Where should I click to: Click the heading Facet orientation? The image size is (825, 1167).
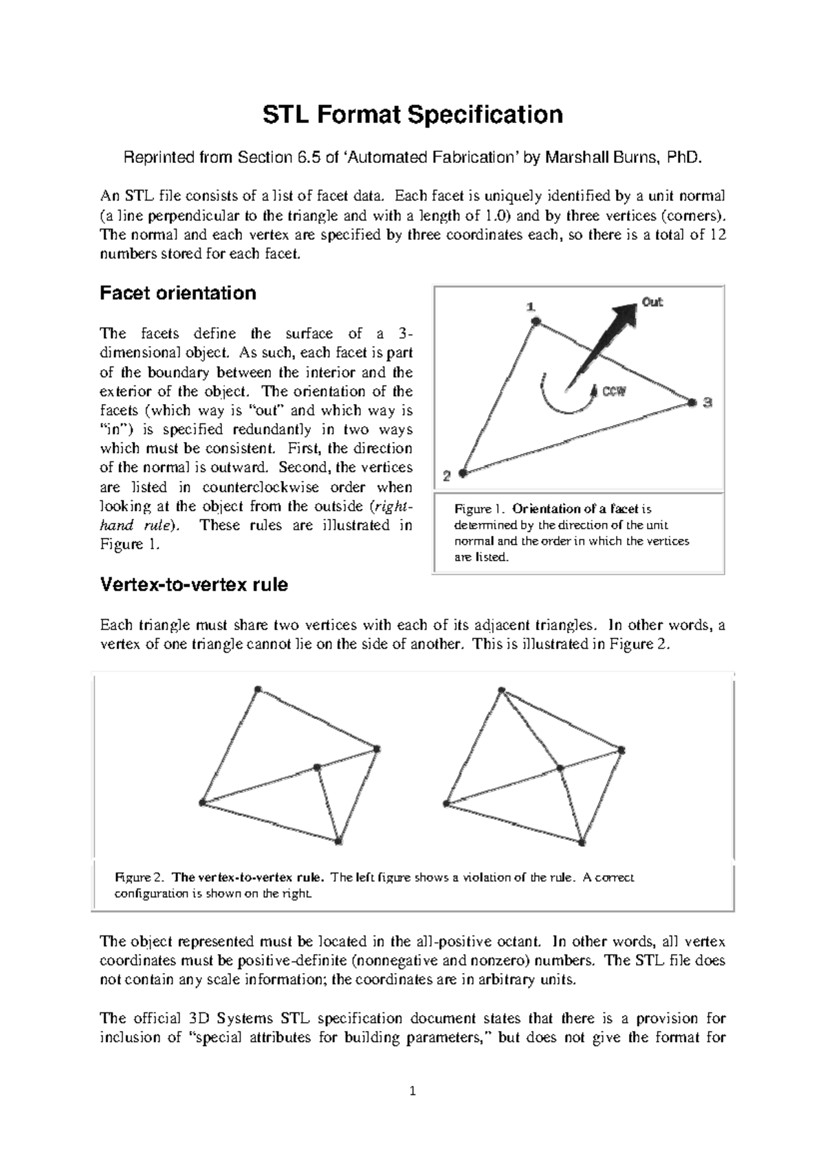pos(178,293)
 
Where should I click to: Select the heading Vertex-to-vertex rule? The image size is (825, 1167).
pos(194,585)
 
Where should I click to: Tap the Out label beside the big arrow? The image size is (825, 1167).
pos(652,302)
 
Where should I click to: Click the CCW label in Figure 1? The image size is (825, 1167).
pos(615,392)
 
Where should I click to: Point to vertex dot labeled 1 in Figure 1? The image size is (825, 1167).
pos(536,321)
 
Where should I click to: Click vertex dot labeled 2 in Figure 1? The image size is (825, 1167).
pos(463,473)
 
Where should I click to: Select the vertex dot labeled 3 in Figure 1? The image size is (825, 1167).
pos(692,403)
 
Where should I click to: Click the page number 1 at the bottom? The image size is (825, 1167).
pos(412,1091)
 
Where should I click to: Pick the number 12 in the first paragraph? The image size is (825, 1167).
pos(717,235)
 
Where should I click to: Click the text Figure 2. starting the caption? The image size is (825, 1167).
pos(140,878)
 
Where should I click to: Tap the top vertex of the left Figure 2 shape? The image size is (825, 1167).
pos(258,689)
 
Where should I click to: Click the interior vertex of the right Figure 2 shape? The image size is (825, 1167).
pos(560,768)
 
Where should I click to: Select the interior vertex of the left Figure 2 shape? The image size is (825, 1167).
pos(317,767)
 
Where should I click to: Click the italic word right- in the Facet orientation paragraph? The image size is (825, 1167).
pos(393,507)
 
